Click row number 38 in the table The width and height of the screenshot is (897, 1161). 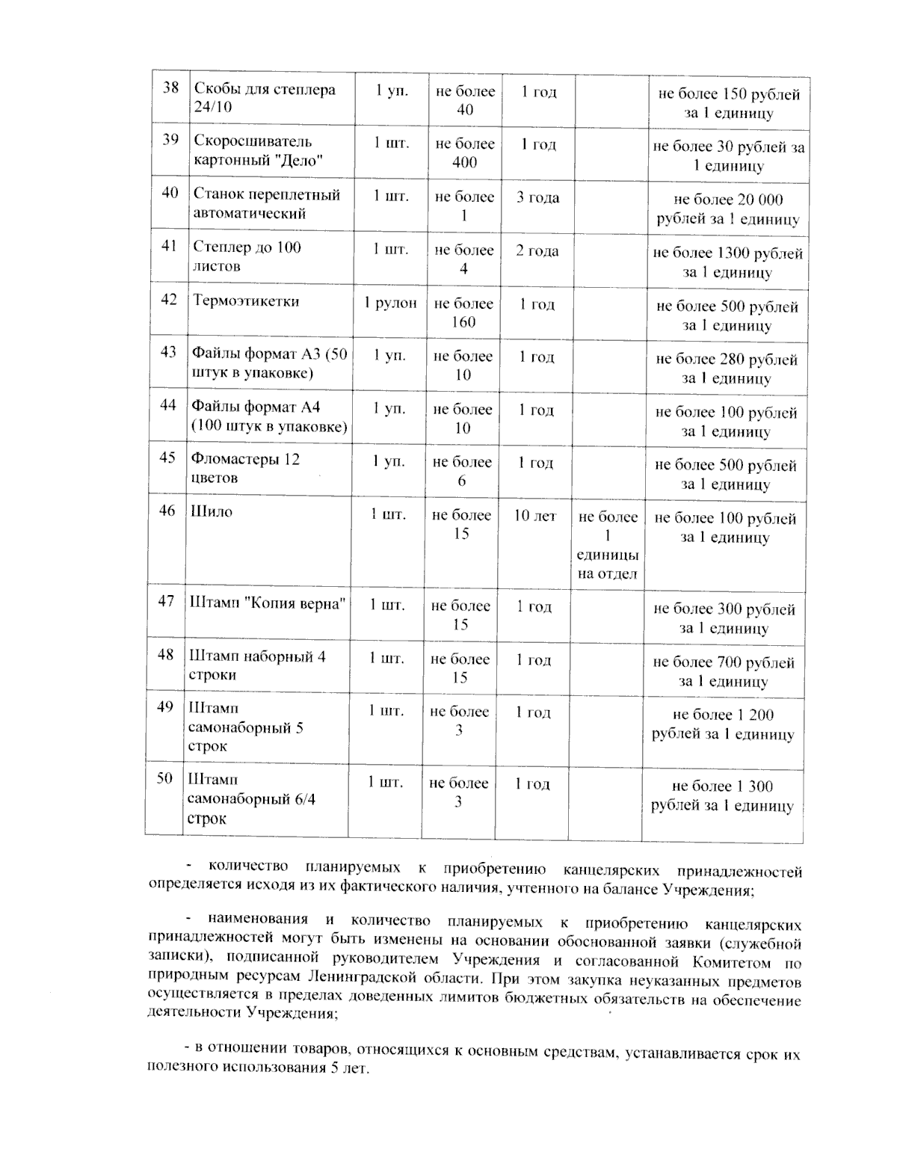pyautogui.click(x=171, y=88)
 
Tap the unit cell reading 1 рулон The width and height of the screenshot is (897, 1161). pyautogui.click(x=390, y=303)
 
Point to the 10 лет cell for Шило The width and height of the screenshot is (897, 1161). pyautogui.click(x=535, y=516)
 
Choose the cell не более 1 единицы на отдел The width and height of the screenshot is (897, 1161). pyautogui.click(x=608, y=546)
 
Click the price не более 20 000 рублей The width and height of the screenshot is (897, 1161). pyautogui.click(x=728, y=209)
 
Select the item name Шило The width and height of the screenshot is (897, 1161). pyautogui.click(x=212, y=512)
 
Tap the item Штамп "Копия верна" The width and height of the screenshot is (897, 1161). pyautogui.click(x=268, y=603)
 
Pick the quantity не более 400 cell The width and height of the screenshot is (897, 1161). pyautogui.click(x=465, y=153)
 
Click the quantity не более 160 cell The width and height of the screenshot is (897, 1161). pyautogui.click(x=463, y=312)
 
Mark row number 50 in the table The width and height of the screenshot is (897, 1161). pyautogui.click(x=164, y=778)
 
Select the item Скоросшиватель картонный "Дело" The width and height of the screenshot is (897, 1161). pyautogui.click(x=259, y=150)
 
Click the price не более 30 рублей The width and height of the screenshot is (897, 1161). pyautogui.click(x=729, y=156)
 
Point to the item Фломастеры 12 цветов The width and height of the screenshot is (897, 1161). pyautogui.click(x=245, y=468)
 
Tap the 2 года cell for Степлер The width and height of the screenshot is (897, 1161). pyautogui.click(x=537, y=251)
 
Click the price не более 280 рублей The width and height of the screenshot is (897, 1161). pyautogui.click(x=727, y=369)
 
